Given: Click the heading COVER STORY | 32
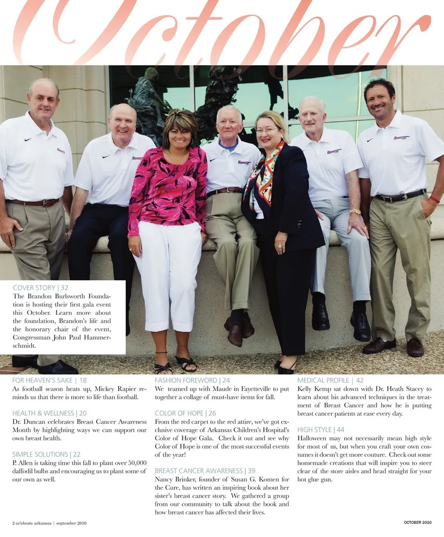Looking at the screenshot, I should point(41,287).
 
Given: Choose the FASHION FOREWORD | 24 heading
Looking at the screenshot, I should point(192,381).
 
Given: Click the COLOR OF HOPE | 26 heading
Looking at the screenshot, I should point(185,413).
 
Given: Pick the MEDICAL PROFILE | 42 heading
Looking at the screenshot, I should point(330,381).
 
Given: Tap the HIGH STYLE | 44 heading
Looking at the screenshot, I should point(321,430).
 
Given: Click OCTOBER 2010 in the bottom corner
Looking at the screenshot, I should point(418,523).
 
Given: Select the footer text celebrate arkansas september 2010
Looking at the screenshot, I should point(49,523).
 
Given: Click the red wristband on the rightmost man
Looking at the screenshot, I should point(435,200).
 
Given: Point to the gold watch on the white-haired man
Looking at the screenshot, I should point(355,212).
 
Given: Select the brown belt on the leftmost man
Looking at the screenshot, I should point(33,202).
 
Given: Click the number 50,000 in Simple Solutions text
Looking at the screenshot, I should point(135,463).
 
